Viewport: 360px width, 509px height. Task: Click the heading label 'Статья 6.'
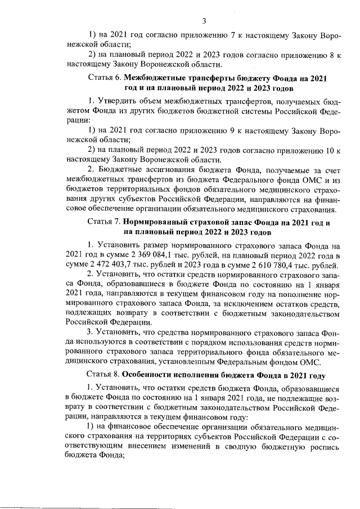[x=105, y=78]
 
